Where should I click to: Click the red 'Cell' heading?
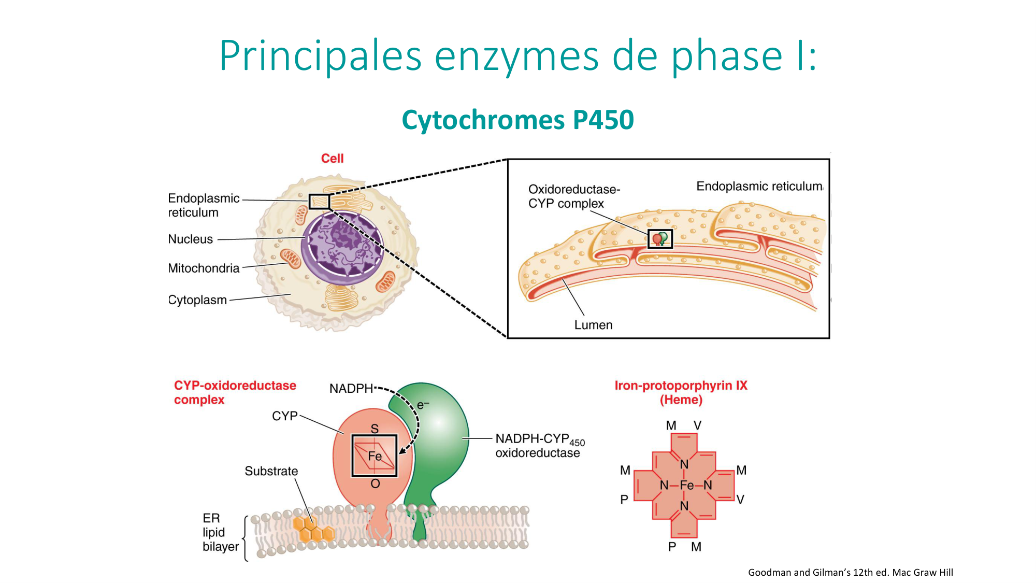[x=332, y=159]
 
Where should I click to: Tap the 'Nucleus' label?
[x=190, y=239]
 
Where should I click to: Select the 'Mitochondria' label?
[x=204, y=268]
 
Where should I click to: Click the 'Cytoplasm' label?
[x=197, y=300]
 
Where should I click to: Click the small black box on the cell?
[x=319, y=202]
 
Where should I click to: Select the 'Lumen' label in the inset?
[x=593, y=325]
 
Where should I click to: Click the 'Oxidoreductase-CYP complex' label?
[x=573, y=196]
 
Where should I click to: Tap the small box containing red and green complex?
[x=660, y=239]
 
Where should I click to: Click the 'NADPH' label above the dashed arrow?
[x=351, y=389]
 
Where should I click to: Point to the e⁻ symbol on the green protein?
[x=423, y=405]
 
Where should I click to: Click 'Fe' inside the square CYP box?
[x=375, y=457]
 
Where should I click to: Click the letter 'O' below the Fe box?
[x=375, y=484]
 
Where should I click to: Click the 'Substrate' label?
[x=271, y=472]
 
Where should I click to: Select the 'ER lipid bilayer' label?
[x=220, y=533]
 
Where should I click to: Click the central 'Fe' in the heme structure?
[x=686, y=486]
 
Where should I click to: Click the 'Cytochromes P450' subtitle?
[x=517, y=120]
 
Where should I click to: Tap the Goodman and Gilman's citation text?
[x=850, y=573]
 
